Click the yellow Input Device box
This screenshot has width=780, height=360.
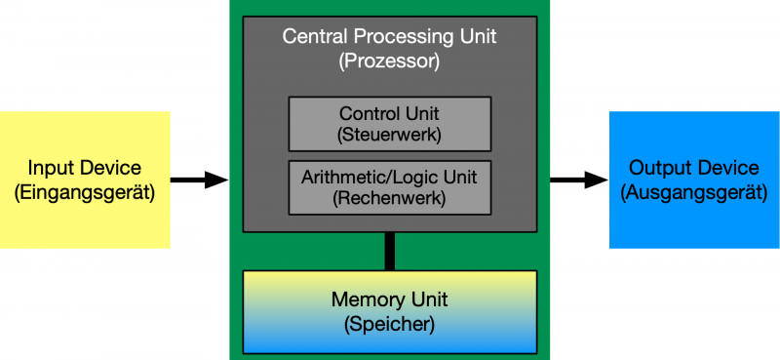[85, 180]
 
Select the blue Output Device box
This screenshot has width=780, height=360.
[693, 180]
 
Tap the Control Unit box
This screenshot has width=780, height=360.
[389, 124]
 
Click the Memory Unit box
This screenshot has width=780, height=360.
[389, 311]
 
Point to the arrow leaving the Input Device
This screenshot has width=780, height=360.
[199, 180]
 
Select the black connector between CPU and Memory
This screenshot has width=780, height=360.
[390, 251]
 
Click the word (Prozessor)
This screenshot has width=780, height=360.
[389, 61]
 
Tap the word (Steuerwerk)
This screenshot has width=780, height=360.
[389, 135]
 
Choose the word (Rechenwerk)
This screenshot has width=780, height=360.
[389, 198]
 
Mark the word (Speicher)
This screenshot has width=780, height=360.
[389, 322]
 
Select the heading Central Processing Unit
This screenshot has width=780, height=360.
[389, 37]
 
